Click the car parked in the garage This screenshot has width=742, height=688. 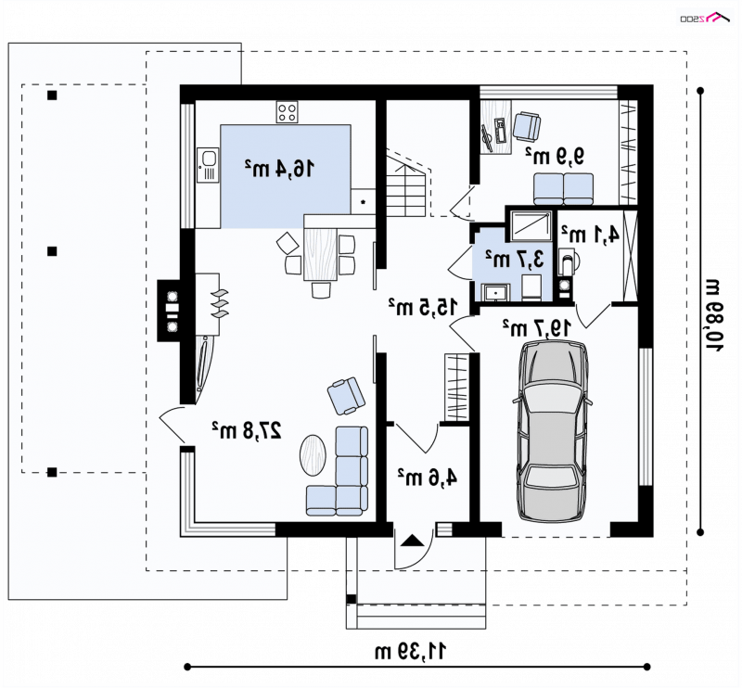coord(552,431)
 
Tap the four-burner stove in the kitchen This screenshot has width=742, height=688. coord(288,112)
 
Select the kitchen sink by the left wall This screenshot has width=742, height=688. coord(208,165)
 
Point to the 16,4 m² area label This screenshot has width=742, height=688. coord(279,168)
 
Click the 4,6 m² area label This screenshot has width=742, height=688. coord(428,477)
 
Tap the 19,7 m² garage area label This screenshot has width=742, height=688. coord(537,327)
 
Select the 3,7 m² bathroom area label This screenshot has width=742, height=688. coord(515,259)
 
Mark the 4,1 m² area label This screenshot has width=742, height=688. coord(590,234)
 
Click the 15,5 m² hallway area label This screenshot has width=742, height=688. coord(424,307)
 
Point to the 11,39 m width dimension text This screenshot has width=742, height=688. coord(410,652)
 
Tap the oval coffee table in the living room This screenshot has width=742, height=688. coord(313,455)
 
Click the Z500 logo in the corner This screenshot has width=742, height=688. coord(703,18)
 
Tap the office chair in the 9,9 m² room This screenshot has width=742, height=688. coord(527,126)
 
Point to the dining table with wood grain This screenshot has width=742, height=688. coord(320,253)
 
